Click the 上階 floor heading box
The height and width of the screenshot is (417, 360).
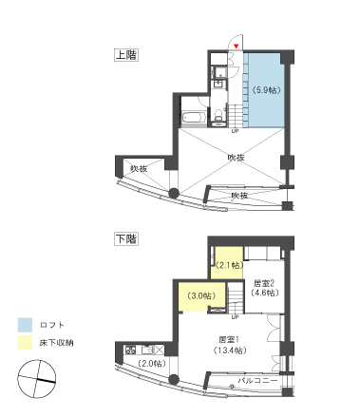tap(125, 55)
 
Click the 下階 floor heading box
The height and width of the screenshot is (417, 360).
tap(125, 237)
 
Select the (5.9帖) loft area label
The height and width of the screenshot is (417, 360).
tap(266, 90)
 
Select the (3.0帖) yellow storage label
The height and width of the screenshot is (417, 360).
tap(200, 295)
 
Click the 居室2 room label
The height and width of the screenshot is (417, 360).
tap(264, 282)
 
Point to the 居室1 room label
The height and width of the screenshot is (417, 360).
tap(227, 338)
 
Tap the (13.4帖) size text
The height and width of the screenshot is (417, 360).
tap(227, 350)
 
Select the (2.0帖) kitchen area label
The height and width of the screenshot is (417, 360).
tap(150, 364)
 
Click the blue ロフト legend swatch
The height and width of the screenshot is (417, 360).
tap(25, 323)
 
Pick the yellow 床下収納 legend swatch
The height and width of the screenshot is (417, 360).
tap(25, 342)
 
